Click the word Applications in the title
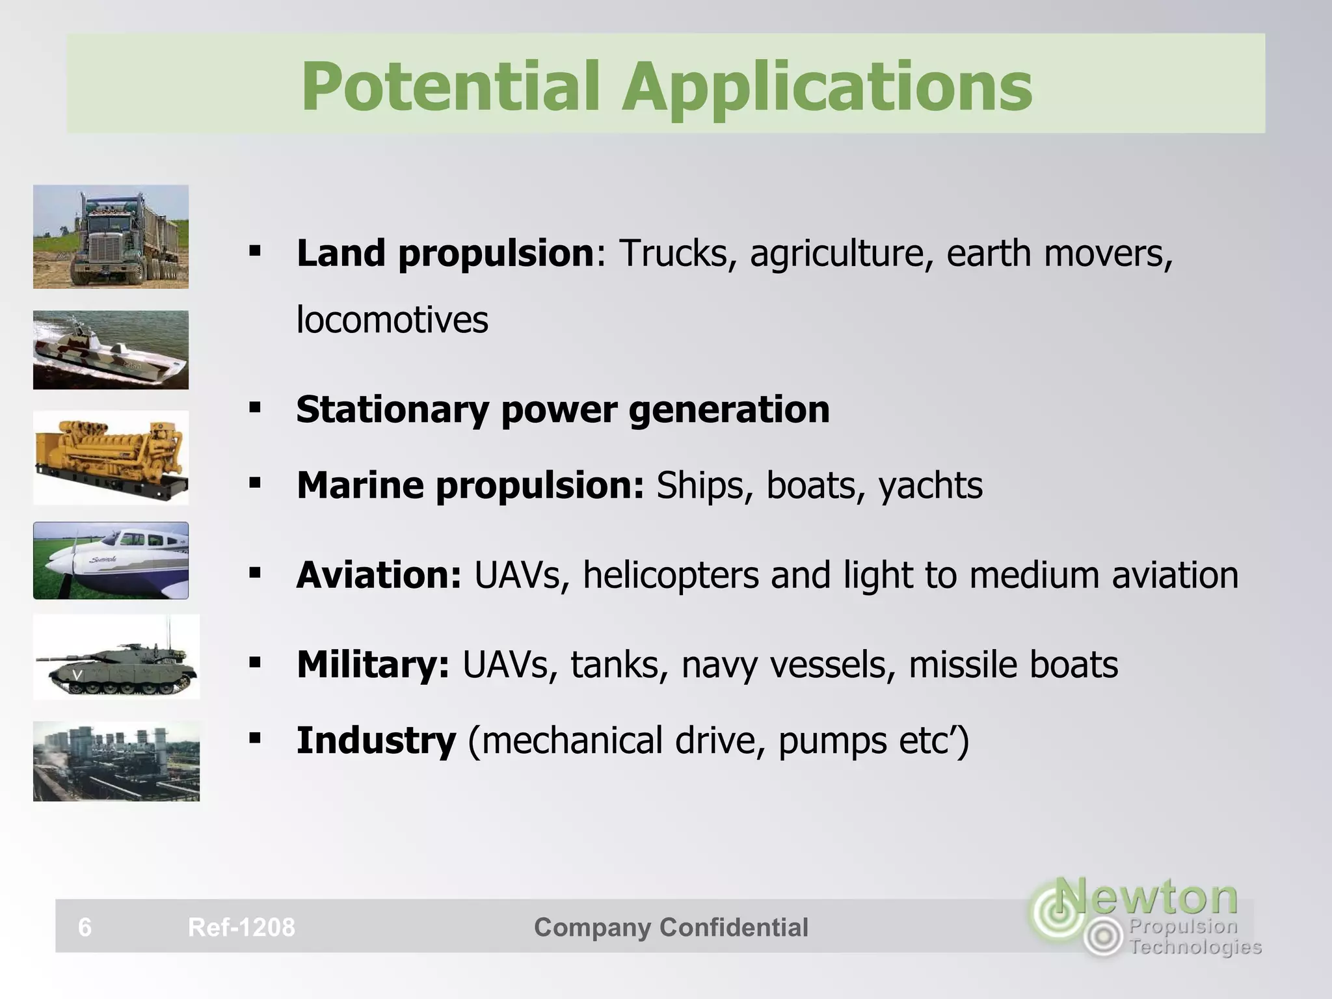827,88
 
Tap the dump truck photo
111,237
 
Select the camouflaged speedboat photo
111,350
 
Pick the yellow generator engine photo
111,458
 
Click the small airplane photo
111,561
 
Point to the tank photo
116,657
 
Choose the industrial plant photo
116,761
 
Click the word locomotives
392,320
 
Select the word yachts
931,486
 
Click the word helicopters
671,576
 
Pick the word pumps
832,741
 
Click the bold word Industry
376,741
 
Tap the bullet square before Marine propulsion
255,483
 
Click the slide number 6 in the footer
85,927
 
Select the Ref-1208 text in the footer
241,927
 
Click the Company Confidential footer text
671,927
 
